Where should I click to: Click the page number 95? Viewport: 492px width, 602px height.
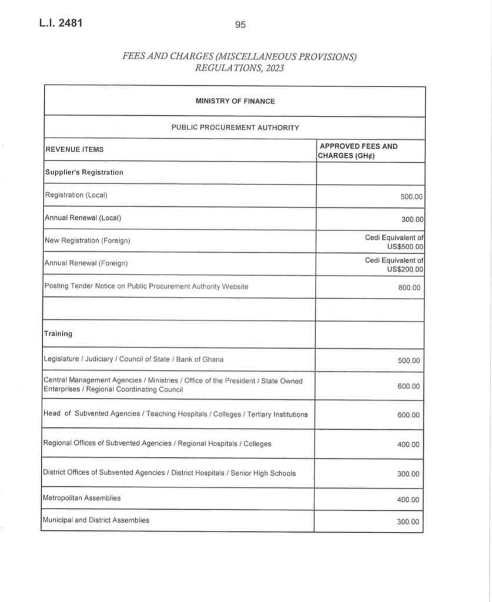240,25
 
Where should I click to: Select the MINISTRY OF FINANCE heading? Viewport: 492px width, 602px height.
235,101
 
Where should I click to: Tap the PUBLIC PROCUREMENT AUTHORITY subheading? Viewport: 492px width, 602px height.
235,128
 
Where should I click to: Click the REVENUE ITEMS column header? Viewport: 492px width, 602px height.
75,150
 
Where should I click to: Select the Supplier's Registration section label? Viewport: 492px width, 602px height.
84,173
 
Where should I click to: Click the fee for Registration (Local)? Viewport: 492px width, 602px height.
411,197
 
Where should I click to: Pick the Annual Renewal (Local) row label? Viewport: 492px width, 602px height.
83,218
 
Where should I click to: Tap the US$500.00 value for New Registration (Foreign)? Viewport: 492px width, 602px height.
405,246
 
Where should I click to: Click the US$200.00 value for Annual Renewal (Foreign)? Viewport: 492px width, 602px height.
405,269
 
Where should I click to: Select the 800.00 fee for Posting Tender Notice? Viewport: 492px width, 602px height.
409,288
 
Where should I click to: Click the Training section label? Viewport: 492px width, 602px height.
58,334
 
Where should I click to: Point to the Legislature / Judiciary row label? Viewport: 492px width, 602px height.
133,359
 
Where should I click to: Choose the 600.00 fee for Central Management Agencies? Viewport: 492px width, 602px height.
409,386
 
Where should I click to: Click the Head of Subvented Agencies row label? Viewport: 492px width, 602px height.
175,414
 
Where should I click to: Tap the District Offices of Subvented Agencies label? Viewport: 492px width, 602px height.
169,474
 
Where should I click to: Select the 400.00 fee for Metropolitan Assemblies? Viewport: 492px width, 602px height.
409,500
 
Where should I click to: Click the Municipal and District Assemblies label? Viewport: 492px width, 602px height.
96,520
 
